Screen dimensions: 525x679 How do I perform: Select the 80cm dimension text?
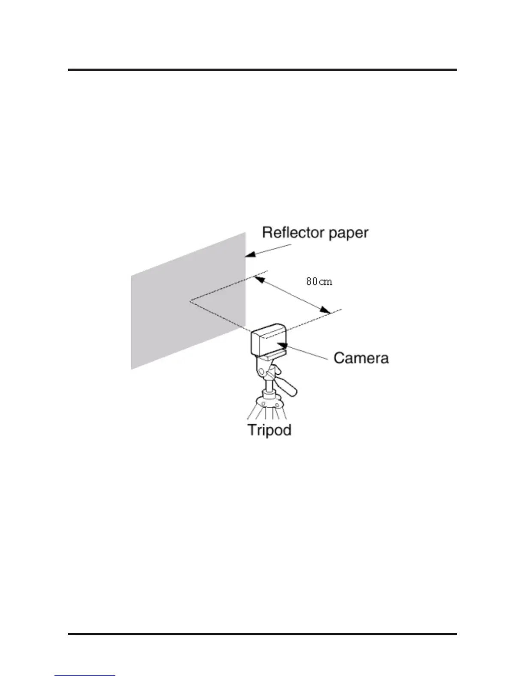(x=319, y=282)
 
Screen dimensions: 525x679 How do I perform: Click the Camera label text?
(x=361, y=358)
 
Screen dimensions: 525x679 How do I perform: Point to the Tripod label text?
(x=269, y=430)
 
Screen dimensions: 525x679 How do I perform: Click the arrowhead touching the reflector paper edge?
(x=250, y=255)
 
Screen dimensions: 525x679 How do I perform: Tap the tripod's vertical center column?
(x=269, y=388)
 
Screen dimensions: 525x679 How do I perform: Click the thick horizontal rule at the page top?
(x=262, y=70)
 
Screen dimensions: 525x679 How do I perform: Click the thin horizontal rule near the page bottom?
(x=262, y=634)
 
